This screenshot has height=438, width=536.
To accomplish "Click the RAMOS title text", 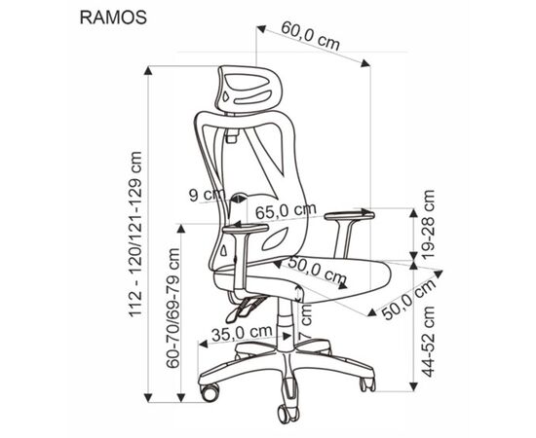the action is tap(113, 18).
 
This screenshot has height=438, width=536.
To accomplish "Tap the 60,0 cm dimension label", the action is tap(311, 35).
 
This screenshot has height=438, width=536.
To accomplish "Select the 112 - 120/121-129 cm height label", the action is tap(135, 235).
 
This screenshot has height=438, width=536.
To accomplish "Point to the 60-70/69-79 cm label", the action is tap(172, 308).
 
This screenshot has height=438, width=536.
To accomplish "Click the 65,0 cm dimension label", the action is tap(286, 211).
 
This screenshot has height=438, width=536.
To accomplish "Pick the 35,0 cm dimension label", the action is tap(242, 333).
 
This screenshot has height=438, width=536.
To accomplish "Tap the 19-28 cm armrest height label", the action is tap(429, 224).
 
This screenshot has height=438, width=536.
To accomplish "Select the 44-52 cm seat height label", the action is tap(429, 342).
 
